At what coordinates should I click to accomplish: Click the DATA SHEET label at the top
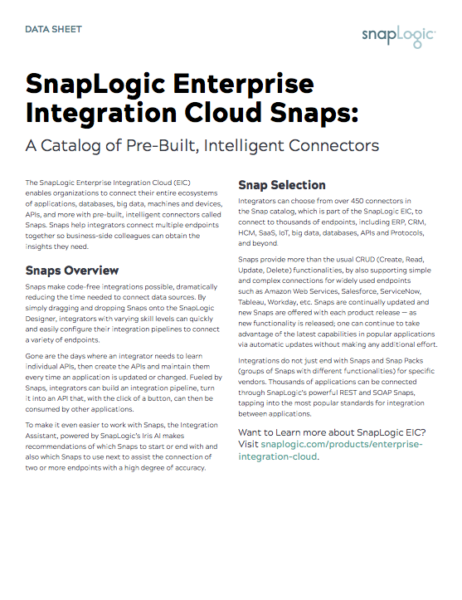click(54, 29)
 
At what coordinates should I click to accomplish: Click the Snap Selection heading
click(282, 184)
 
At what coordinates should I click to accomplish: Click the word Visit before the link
click(248, 444)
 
